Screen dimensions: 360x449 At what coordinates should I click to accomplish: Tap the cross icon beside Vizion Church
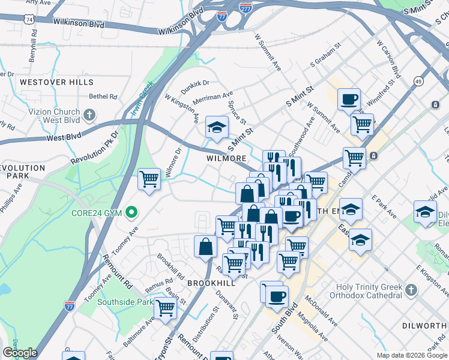click(x=89, y=114)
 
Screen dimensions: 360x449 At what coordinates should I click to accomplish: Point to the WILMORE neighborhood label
click(x=226, y=158)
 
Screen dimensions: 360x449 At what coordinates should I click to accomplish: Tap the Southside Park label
click(x=125, y=302)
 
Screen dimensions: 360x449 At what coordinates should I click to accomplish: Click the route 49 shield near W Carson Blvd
click(x=418, y=80)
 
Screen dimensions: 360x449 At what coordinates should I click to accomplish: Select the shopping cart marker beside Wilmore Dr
click(x=149, y=179)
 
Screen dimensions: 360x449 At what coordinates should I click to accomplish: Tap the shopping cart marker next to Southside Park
click(x=164, y=308)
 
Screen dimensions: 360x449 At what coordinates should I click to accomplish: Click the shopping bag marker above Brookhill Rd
click(x=206, y=246)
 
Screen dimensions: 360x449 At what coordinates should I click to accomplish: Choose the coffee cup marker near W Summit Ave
click(x=348, y=99)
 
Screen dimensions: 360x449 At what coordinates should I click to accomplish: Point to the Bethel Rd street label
click(x=103, y=96)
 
